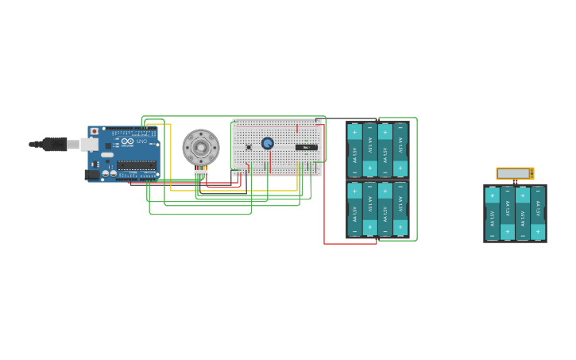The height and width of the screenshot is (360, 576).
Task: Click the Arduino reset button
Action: (95, 131)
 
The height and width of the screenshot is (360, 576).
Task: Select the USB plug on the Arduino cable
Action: (53, 144)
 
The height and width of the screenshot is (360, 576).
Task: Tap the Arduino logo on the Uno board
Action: (127, 141)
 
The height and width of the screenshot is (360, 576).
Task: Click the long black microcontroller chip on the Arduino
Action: (137, 165)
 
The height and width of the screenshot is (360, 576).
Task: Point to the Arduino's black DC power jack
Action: (92, 174)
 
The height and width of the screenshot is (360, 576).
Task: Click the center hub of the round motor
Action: (201, 147)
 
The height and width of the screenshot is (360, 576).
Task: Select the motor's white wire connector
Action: (201, 172)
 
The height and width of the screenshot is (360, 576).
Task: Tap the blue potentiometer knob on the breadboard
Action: (268, 144)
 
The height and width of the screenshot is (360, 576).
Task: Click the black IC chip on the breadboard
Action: (306, 147)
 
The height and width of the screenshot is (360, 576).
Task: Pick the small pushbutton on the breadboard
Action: (249, 147)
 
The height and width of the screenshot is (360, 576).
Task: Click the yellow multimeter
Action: (515, 173)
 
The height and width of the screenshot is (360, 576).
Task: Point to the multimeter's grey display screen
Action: (514, 173)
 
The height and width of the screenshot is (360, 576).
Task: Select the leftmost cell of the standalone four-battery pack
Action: (492, 213)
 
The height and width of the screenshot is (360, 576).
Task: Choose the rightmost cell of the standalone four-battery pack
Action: (538, 213)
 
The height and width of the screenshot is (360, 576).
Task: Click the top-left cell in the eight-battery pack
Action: (355, 149)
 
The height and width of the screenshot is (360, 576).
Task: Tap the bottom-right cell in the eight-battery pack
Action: (400, 208)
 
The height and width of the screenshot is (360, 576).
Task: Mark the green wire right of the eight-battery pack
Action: (416, 179)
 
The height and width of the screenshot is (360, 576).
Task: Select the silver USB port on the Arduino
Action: (89, 144)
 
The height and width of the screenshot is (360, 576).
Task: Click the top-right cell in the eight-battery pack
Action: (400, 149)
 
